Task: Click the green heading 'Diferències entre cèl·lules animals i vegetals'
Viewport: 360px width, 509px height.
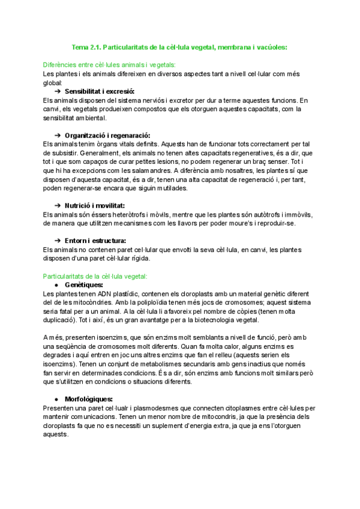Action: coord(110,64)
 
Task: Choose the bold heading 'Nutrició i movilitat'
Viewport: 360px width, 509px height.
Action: coord(94,206)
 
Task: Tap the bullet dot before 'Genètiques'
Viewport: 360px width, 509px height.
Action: coord(56,285)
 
